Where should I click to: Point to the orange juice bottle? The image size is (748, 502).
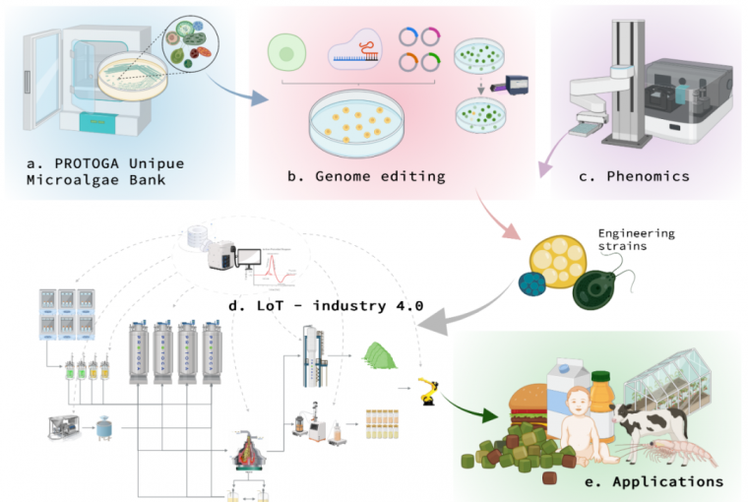[x=628, y=399]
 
